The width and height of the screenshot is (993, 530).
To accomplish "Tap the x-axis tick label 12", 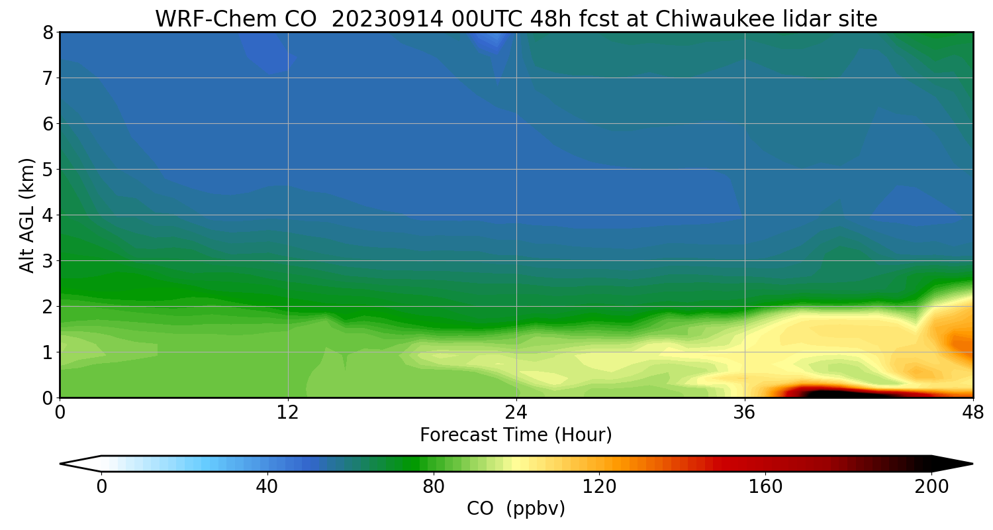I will point(288,413).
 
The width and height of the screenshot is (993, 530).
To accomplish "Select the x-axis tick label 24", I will point(516,413).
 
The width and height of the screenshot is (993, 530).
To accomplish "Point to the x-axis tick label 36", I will point(745,413).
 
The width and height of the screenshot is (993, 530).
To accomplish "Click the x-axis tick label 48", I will point(972,413).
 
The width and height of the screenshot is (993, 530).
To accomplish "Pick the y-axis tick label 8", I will point(48,32).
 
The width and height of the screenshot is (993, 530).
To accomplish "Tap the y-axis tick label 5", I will point(48,170).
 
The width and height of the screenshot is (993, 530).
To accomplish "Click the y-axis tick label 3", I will point(48,261).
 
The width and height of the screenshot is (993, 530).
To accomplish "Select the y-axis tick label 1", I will point(48,352).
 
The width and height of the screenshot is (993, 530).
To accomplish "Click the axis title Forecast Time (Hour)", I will point(516,435).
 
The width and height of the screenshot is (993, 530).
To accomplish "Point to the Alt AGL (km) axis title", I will point(27,215).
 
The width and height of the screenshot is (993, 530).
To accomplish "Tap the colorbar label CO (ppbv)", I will point(516,509).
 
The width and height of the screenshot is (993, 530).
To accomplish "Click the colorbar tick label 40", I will point(267,487).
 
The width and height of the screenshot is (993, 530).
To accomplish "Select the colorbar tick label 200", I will point(931,487).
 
